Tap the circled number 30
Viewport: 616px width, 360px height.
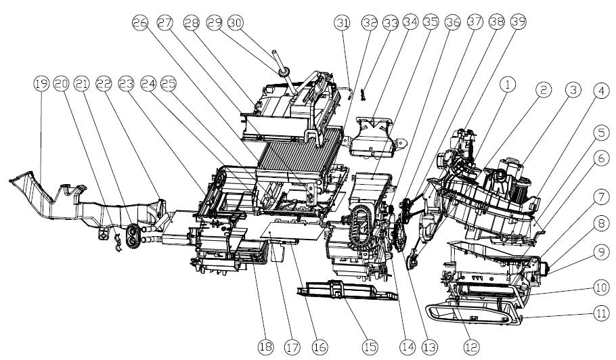tap(236, 22)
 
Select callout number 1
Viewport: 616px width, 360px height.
tap(509, 84)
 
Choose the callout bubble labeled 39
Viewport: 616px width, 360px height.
tap(517, 22)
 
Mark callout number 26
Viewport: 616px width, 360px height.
tap(141, 22)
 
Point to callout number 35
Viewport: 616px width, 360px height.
tap(430, 22)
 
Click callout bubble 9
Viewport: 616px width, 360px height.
tap(599, 251)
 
